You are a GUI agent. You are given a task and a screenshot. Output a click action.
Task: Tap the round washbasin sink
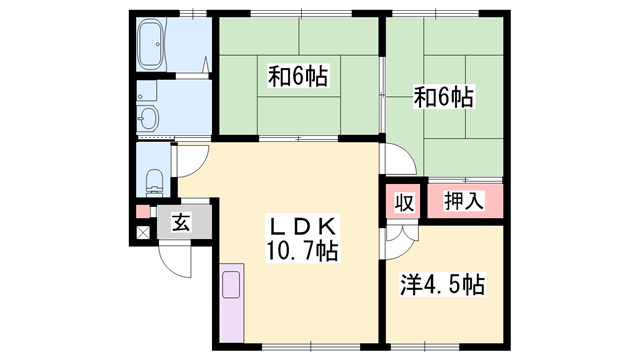tap(147, 118)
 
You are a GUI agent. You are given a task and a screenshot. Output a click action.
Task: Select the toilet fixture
tap(154, 182)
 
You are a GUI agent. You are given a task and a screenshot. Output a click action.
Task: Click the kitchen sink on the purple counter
tap(231, 284)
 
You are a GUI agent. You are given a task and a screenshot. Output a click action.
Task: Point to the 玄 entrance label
tap(181, 222)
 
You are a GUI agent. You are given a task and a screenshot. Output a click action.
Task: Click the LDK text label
tap(302, 228)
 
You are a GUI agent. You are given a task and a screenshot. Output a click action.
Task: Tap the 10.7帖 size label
tap(302, 251)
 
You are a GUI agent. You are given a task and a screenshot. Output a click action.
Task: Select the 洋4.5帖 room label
tap(443, 285)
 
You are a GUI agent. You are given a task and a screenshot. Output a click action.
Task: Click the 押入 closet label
tap(464, 201)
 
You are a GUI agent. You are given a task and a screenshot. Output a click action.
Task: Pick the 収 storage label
tap(405, 202)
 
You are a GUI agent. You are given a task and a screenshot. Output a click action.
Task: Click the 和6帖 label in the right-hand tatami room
tap(444, 98)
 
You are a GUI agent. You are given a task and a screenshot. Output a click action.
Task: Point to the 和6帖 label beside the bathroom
tap(298, 76)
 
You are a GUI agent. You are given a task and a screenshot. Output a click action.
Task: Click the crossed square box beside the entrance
tap(142, 233)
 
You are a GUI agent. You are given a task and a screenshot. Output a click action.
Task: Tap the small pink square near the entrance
tap(143, 212)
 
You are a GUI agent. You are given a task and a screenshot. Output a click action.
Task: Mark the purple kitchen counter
tap(231, 303)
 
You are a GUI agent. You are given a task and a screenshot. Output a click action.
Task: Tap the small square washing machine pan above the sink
tap(147, 90)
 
